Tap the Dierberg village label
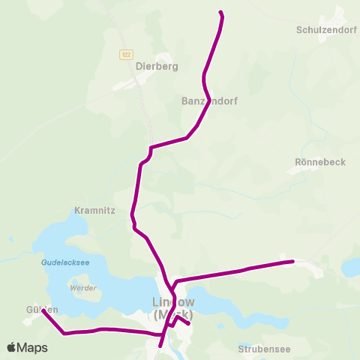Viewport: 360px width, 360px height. pyautogui.click(x=157, y=66)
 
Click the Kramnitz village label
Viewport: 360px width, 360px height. pyautogui.click(x=94, y=211)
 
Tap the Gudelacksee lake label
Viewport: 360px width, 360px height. pyautogui.click(x=65, y=263)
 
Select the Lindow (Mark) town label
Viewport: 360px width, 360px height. pyautogui.click(x=172, y=308)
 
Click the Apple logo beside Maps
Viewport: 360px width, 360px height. pyautogui.click(x=11, y=347)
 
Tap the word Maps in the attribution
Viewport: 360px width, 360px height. pyautogui.click(x=32, y=347)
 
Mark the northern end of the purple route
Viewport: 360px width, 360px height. pyautogui.click(x=220, y=12)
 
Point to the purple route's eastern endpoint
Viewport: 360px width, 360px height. pyautogui.click(x=293, y=261)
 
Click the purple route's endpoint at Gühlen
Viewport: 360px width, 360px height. pyautogui.click(x=43, y=311)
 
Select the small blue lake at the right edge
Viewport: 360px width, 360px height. pyautogui.click(x=351, y=267)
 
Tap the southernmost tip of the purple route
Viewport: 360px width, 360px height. pyautogui.click(x=160, y=346)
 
